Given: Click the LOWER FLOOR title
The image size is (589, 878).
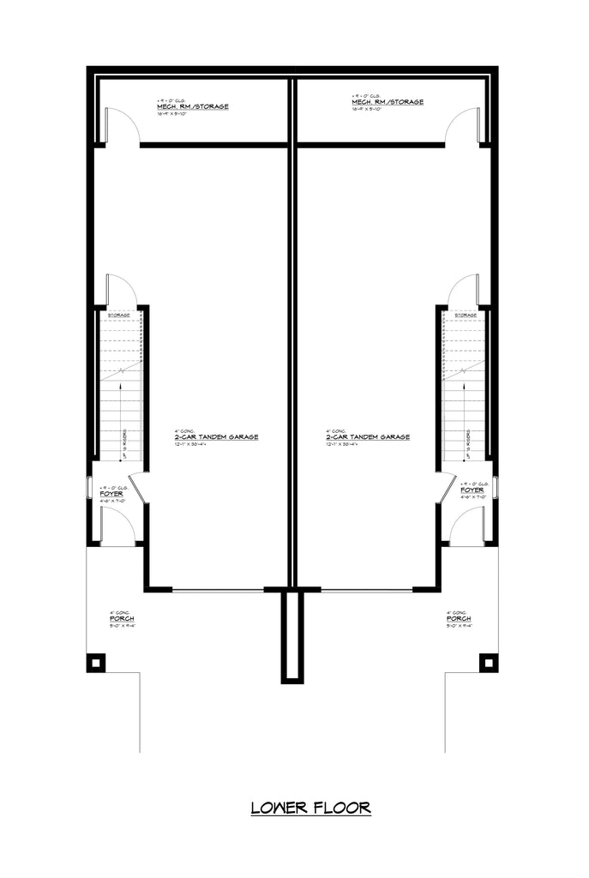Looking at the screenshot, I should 310,807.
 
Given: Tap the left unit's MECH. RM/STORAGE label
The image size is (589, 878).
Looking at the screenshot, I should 192,107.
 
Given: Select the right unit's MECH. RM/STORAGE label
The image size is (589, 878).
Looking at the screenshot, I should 388,102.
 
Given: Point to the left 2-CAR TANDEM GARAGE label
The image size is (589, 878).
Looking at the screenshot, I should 216,436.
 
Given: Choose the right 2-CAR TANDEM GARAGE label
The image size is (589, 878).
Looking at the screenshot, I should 367,436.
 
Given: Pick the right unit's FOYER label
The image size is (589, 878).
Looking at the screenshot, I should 472,490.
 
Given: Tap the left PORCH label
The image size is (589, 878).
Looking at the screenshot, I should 121,618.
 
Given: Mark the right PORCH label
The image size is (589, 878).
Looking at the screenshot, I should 458,618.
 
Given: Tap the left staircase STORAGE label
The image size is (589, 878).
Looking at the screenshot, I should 119,316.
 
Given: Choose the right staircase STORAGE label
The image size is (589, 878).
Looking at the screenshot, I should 466,316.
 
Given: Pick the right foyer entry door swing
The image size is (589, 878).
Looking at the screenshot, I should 468,524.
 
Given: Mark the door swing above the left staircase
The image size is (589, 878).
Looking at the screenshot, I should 118,289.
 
